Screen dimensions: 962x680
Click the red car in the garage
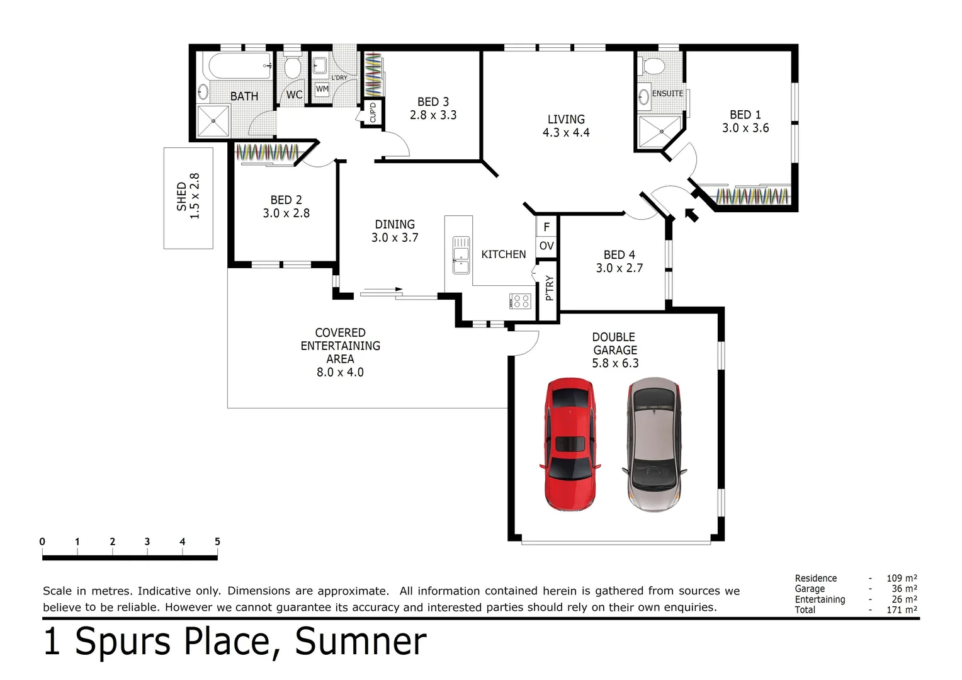[x=570, y=444]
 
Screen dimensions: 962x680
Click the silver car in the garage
[x=654, y=444]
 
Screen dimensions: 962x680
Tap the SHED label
[x=182, y=196]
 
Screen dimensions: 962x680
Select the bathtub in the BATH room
[x=240, y=65]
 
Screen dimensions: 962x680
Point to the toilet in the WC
[x=293, y=67]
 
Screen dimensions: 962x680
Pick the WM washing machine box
[x=322, y=89]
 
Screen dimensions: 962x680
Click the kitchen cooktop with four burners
[x=520, y=301]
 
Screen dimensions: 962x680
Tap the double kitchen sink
[x=461, y=255]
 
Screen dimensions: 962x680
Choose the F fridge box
[x=546, y=227]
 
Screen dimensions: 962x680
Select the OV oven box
[x=546, y=246]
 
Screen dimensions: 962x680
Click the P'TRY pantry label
[x=549, y=288]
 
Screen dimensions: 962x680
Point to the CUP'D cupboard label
[x=372, y=111]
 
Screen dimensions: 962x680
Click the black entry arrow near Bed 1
[x=691, y=214]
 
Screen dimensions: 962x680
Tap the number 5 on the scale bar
[x=217, y=541]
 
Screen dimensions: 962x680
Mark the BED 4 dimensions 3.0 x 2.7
[x=620, y=268]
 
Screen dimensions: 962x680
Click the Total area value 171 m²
[x=902, y=609]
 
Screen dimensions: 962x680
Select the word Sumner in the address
[x=361, y=641]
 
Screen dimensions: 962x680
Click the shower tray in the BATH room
[x=213, y=121]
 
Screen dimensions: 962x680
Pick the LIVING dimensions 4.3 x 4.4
[x=566, y=133]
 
